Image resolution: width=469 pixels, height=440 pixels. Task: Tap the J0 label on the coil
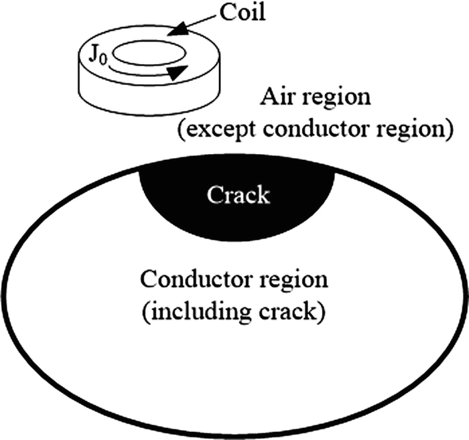click(x=101, y=52)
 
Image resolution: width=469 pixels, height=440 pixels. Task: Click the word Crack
click(x=238, y=196)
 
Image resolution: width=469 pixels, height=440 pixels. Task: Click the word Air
click(x=277, y=98)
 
